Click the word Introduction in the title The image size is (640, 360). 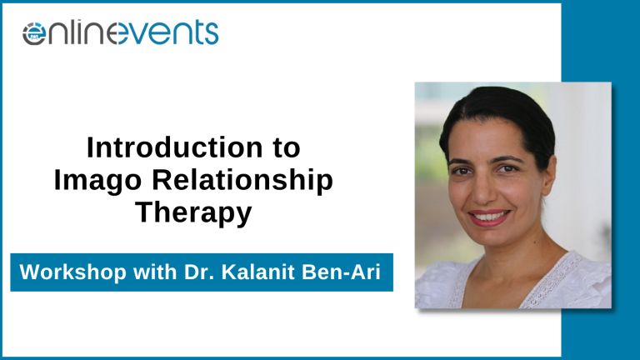(x=175, y=147)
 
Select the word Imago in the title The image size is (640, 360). (x=98, y=181)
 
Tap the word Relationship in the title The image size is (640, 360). (x=242, y=181)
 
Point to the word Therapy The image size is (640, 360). (x=193, y=213)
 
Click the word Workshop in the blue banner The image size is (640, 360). (x=73, y=272)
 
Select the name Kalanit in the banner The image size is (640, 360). (x=258, y=272)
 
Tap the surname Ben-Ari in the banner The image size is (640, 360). (x=341, y=272)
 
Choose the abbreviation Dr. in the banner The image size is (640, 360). (x=199, y=272)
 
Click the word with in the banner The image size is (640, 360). (x=155, y=272)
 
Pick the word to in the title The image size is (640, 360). (x=287, y=148)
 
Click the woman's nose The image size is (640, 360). (x=483, y=190)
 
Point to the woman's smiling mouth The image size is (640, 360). (x=489, y=217)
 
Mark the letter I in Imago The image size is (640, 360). (x=57, y=179)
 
